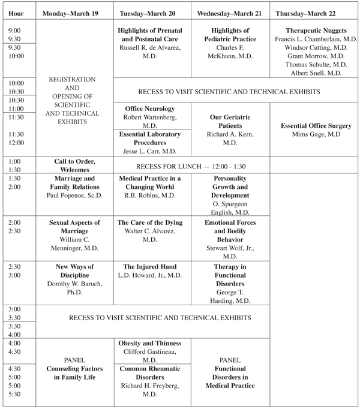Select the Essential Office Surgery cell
[315, 126]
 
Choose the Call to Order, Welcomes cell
[75, 165]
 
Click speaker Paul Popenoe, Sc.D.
[75, 196]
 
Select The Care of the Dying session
[154, 222]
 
